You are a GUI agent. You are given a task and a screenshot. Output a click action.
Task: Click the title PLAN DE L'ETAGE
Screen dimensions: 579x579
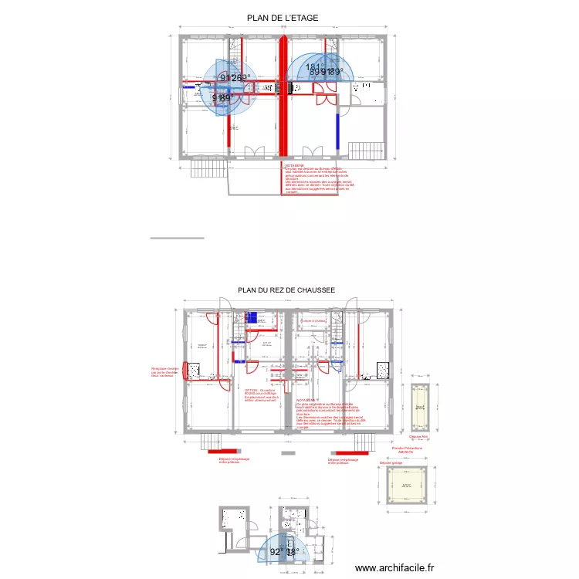(283, 18)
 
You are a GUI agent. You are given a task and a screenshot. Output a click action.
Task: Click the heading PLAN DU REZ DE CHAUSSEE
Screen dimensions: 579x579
(286, 290)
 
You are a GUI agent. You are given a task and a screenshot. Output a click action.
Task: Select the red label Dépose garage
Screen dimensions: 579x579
(391, 462)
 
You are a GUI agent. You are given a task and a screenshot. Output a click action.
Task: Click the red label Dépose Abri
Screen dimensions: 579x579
(418, 437)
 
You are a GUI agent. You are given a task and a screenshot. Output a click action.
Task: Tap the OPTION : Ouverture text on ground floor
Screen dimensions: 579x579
(260, 391)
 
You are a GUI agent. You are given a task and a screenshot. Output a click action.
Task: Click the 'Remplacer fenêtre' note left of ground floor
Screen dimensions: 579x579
(164, 373)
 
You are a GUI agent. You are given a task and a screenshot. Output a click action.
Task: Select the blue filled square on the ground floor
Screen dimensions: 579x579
(252, 316)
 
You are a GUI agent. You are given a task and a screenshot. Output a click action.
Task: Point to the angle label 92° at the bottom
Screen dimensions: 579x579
(276, 552)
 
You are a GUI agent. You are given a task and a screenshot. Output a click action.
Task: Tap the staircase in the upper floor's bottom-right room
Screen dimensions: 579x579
(367, 149)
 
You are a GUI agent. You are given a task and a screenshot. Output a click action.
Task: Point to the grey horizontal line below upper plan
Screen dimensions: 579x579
(177, 239)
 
